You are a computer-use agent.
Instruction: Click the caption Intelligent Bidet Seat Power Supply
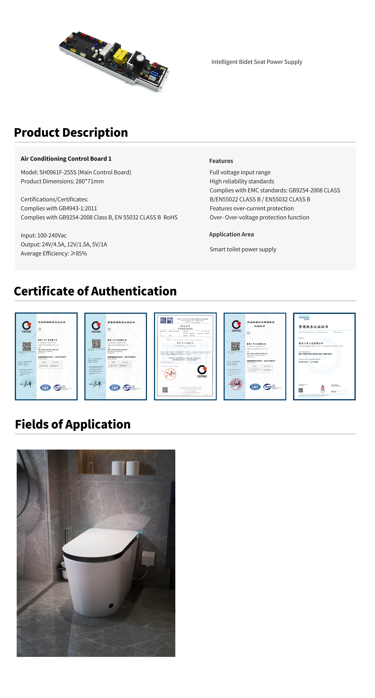(x=256, y=62)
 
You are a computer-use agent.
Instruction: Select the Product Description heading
(x=71, y=133)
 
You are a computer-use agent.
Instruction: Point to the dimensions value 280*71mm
(x=90, y=181)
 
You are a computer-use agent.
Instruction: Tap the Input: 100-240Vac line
(x=43, y=235)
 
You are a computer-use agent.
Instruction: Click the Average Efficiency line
(x=54, y=253)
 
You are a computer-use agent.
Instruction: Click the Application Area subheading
(x=231, y=234)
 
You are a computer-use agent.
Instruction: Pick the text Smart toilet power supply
(x=243, y=249)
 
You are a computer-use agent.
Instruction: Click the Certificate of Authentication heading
(x=95, y=291)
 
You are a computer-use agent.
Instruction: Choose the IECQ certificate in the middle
(x=185, y=356)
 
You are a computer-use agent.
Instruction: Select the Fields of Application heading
(x=73, y=424)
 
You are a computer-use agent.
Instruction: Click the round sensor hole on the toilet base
(x=111, y=605)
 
